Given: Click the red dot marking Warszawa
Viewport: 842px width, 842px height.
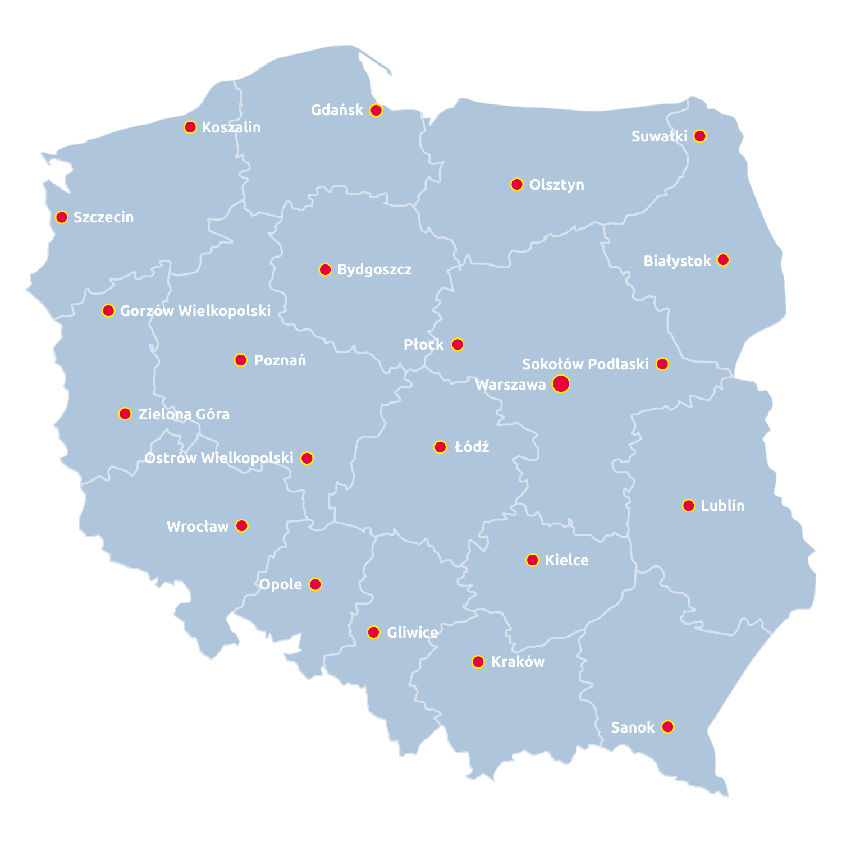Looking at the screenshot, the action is click(x=561, y=384).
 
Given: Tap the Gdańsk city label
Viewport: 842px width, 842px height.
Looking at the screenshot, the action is click(x=337, y=110).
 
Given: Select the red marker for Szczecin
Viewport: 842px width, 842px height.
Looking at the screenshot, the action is click(x=62, y=217).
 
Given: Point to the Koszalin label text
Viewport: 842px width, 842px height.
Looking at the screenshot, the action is click(x=231, y=127).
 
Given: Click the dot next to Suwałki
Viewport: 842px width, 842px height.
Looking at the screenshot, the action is click(x=699, y=136).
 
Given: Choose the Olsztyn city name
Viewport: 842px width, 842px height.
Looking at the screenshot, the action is click(x=556, y=185).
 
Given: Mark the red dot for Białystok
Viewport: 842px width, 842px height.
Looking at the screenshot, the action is click(x=723, y=260).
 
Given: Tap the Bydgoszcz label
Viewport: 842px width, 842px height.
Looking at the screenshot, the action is click(x=374, y=270).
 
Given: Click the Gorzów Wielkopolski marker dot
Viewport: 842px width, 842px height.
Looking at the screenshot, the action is click(x=108, y=310).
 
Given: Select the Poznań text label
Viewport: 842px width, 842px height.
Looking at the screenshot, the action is click(x=280, y=360).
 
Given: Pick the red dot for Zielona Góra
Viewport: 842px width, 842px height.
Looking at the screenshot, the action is click(x=125, y=414).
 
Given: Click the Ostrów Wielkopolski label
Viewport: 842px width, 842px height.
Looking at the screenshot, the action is click(x=219, y=458).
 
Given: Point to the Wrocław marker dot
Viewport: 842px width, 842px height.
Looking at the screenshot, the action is click(x=241, y=526).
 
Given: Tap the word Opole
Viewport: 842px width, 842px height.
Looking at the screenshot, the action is click(x=281, y=584).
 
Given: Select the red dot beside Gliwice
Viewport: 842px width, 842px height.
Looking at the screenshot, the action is click(x=373, y=633).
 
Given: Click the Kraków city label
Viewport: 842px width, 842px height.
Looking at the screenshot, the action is click(x=518, y=662).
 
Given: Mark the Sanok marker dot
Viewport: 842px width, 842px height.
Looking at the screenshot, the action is click(x=667, y=727).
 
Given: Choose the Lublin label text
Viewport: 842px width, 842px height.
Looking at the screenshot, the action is click(x=722, y=506).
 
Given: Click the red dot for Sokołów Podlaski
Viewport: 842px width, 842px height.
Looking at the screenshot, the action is click(x=662, y=364).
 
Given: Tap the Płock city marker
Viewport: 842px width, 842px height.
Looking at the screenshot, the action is click(x=457, y=344).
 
